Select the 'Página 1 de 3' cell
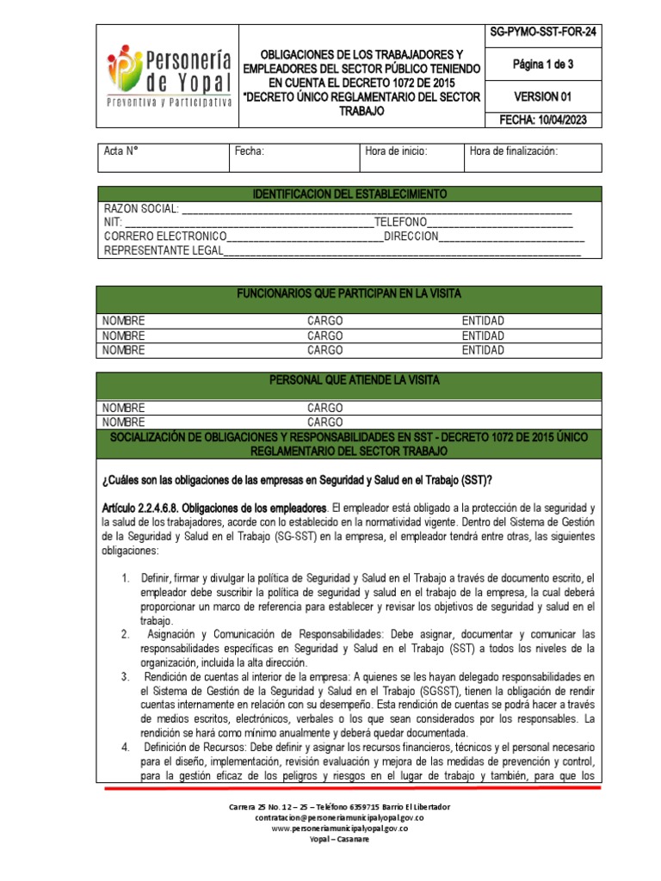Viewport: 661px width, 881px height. point(542,64)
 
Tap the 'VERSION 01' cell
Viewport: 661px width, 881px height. point(542,96)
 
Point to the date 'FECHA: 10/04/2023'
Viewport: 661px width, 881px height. point(542,120)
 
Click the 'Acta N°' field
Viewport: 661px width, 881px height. point(122,151)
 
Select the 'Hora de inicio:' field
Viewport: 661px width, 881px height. point(396,151)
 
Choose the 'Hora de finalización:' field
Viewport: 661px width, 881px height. point(514,151)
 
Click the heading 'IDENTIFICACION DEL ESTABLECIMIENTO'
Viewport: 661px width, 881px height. point(349,194)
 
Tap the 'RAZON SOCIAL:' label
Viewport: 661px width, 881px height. point(141,208)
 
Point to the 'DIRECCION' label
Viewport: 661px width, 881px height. point(411,236)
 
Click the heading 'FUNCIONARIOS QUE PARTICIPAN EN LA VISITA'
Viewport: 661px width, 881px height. point(349,294)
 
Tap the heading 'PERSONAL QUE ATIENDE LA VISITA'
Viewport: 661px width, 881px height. point(349,379)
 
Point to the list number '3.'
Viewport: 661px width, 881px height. point(126,676)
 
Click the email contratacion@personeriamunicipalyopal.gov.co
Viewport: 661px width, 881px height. point(338,817)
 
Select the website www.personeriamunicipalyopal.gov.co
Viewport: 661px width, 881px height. point(338,829)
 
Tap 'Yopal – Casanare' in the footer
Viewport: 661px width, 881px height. point(338,840)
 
